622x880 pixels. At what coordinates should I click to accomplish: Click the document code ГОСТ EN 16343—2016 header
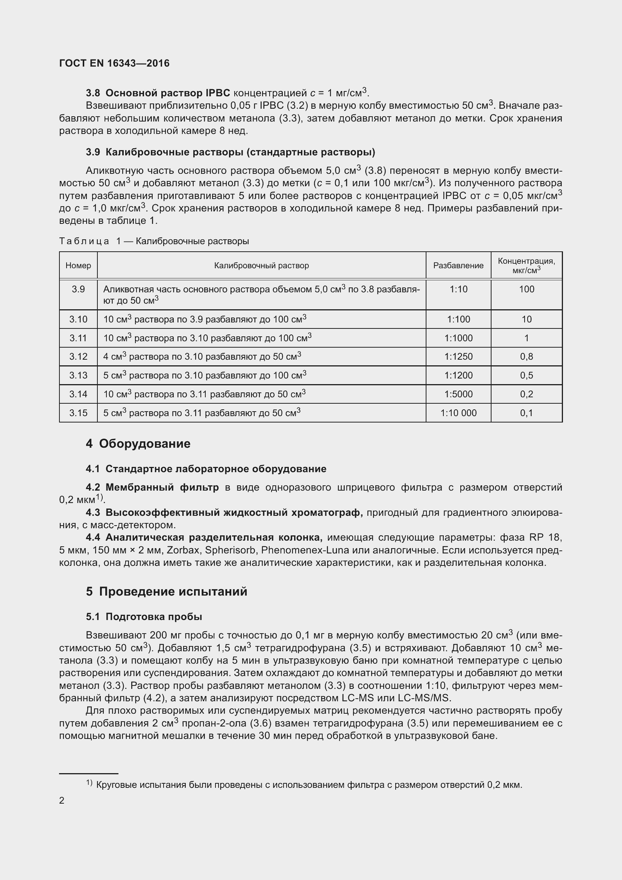point(114,63)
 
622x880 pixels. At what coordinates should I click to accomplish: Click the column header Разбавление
point(458,266)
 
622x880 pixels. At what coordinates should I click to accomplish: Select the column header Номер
point(78,266)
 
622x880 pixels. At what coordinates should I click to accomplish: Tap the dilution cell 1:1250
point(458,357)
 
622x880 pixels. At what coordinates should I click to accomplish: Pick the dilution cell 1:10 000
point(458,413)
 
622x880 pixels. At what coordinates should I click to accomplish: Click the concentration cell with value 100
point(526,289)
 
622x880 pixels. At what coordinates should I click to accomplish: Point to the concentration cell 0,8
point(526,357)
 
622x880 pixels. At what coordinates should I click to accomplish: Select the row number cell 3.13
point(78,375)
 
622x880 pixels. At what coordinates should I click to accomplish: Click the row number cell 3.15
point(78,413)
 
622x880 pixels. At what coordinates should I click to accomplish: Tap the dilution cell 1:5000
point(458,394)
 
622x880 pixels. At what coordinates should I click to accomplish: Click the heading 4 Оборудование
point(138,444)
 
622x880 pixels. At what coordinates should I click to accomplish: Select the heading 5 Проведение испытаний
point(166,592)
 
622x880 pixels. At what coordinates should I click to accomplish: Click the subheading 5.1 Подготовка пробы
point(144,617)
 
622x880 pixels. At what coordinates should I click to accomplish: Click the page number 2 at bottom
point(62,801)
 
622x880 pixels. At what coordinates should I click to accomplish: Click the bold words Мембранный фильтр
point(162,488)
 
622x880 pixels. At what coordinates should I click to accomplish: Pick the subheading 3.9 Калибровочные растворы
point(230,152)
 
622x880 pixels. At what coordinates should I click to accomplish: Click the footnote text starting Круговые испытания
point(309,785)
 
